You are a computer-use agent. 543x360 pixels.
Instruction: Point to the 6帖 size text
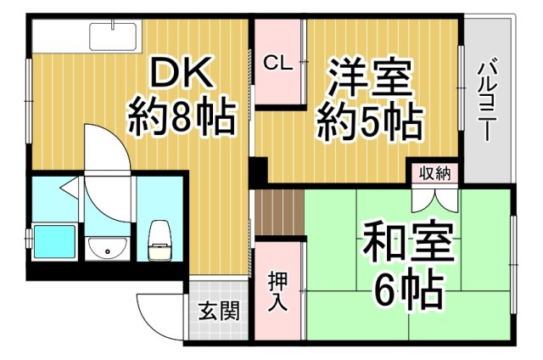(x=407, y=290)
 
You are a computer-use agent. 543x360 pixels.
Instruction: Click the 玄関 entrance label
(x=217, y=311)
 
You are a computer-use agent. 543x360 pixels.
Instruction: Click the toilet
(x=158, y=240)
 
